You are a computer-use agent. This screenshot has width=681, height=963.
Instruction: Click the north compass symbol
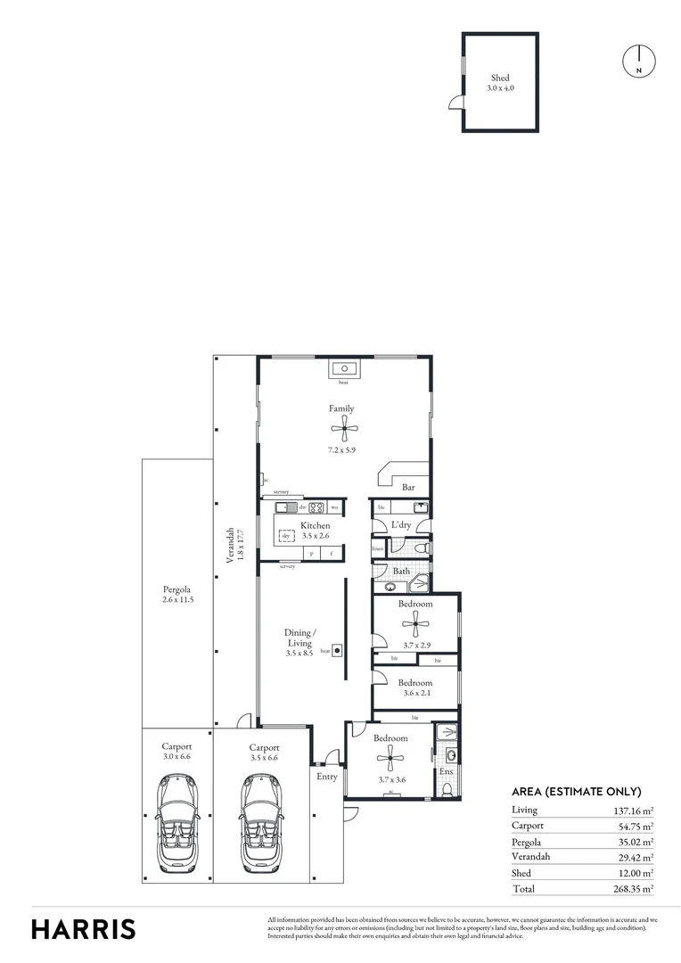(637, 61)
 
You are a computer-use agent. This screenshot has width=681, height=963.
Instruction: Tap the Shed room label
(500, 78)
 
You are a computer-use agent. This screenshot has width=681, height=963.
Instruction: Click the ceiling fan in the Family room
(343, 431)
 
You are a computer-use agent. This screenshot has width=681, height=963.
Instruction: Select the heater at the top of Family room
(343, 368)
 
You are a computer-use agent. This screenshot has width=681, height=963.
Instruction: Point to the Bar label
(409, 488)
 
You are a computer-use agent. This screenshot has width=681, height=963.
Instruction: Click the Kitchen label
(315, 525)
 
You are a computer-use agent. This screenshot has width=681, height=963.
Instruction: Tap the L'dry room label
(401, 525)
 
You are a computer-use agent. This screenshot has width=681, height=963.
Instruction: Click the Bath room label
(401, 571)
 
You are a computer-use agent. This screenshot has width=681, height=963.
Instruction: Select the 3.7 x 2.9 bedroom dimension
(415, 645)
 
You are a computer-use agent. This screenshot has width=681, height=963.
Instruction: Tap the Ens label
(447, 771)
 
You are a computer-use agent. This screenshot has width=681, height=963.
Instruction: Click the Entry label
(327, 777)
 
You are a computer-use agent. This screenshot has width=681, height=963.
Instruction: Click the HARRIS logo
(84, 928)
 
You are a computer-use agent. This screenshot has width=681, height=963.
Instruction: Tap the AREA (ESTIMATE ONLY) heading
(576, 791)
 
